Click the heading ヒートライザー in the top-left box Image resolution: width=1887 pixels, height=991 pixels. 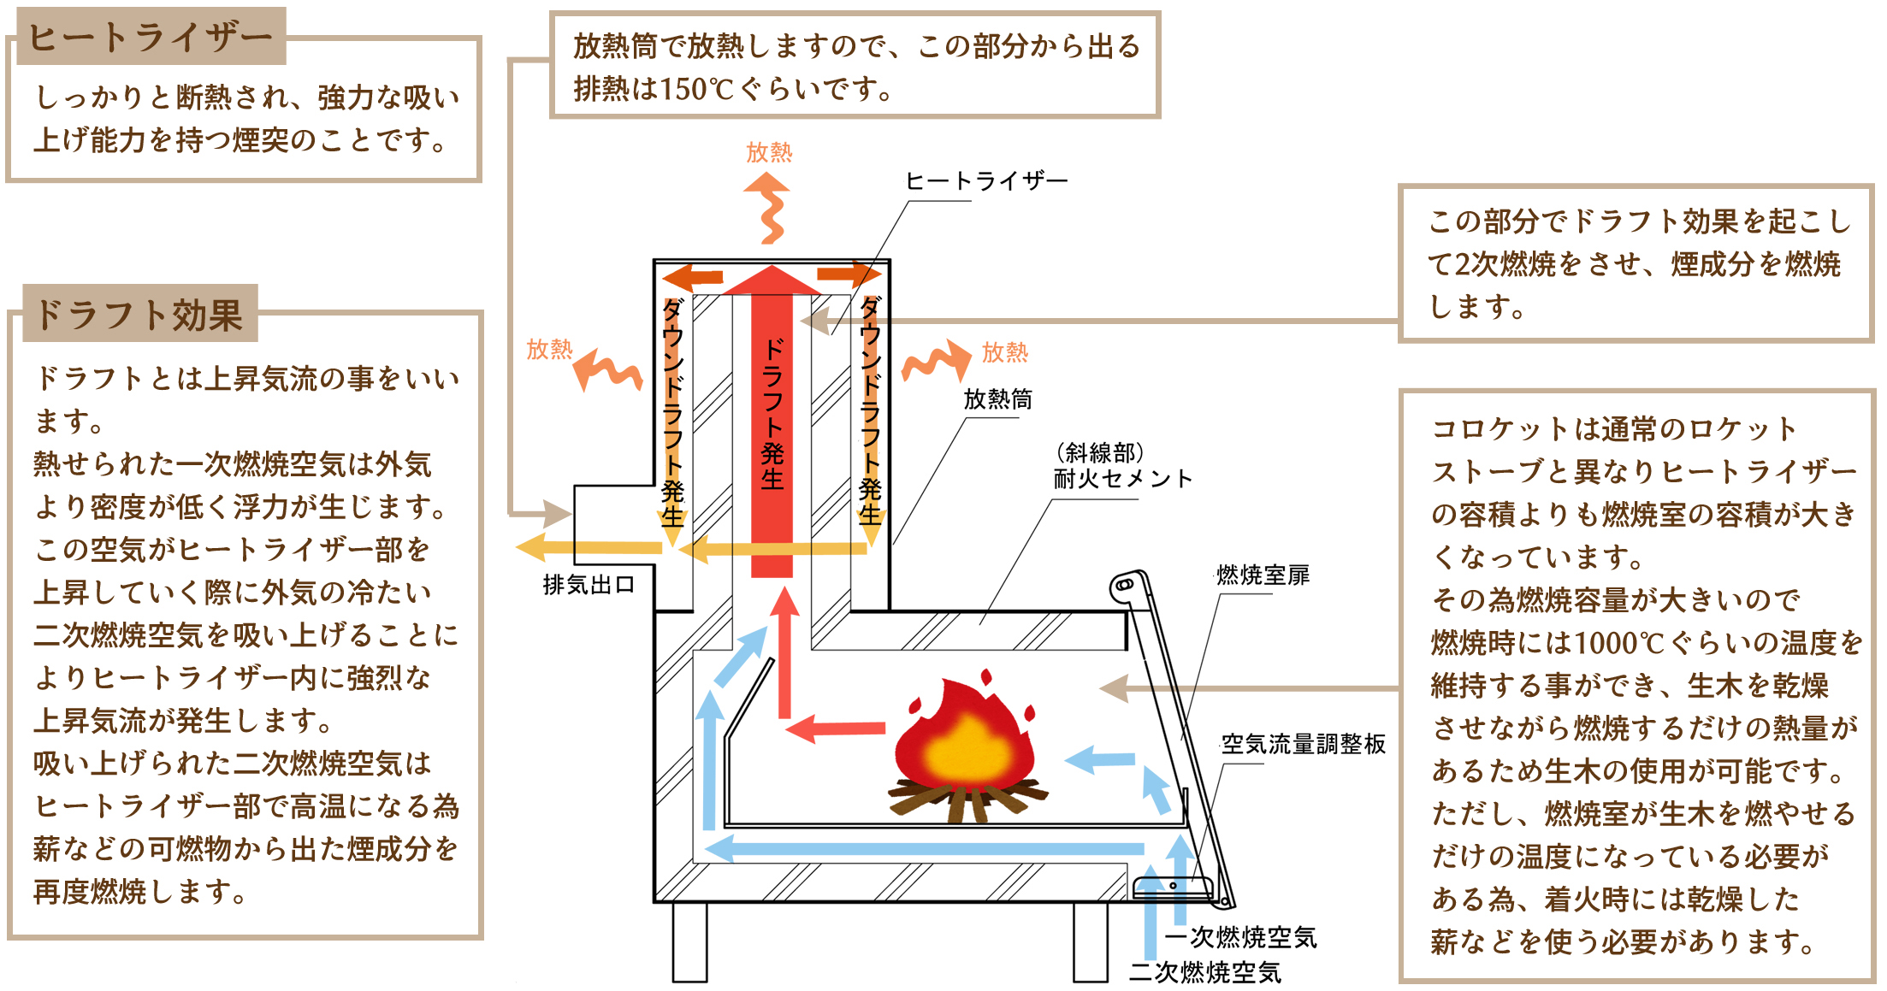[150, 37]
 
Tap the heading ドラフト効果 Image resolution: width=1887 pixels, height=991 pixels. [139, 315]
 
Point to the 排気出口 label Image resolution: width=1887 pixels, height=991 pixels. [589, 585]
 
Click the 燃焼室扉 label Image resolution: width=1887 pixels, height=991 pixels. [1263, 575]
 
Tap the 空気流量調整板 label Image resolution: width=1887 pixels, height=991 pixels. [1303, 744]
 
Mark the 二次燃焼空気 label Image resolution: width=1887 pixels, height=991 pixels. [1205, 972]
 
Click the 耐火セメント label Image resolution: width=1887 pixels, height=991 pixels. [1121, 478]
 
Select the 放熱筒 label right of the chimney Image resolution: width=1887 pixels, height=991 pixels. [997, 398]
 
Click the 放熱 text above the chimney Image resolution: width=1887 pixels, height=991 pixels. [769, 152]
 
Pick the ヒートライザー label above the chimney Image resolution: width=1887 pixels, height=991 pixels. [985, 181]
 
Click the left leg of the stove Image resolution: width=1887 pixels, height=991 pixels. [689, 941]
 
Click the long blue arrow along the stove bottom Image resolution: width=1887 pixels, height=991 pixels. [924, 849]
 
